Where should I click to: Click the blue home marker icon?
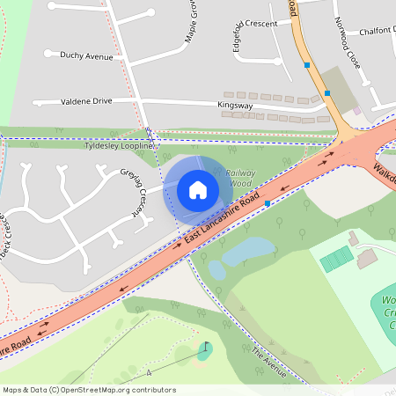[x=198, y=189]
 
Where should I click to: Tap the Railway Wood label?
[x=239, y=179]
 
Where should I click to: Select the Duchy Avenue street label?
[x=86, y=55]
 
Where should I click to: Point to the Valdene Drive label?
[x=86, y=101]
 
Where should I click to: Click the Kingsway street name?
[x=235, y=106]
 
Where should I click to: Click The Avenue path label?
[x=268, y=362]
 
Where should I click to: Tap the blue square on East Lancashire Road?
[x=267, y=202]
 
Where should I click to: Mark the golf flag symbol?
[x=206, y=348]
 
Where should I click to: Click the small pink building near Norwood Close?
[x=357, y=111]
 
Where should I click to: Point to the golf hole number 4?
[x=149, y=373]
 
